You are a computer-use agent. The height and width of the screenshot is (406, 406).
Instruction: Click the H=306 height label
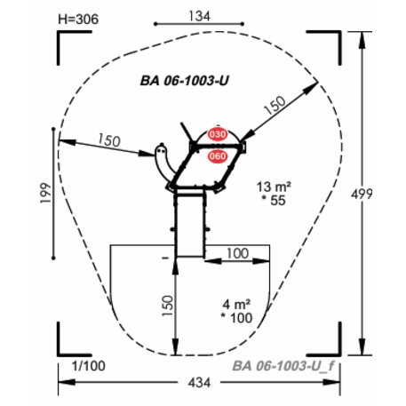78,20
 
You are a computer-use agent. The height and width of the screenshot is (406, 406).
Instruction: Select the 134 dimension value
200,16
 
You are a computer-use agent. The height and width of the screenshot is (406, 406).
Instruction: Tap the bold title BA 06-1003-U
185,81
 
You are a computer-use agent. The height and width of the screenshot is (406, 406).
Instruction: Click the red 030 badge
218,134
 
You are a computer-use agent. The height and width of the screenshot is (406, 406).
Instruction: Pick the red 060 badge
218,156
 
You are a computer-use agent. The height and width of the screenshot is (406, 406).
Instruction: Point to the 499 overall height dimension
362,195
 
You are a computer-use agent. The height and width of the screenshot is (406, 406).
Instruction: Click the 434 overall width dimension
199,383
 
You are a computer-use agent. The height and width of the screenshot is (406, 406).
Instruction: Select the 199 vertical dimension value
46,193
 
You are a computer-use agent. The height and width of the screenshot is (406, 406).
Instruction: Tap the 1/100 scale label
89,366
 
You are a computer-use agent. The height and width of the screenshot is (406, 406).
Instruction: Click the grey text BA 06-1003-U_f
283,366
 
